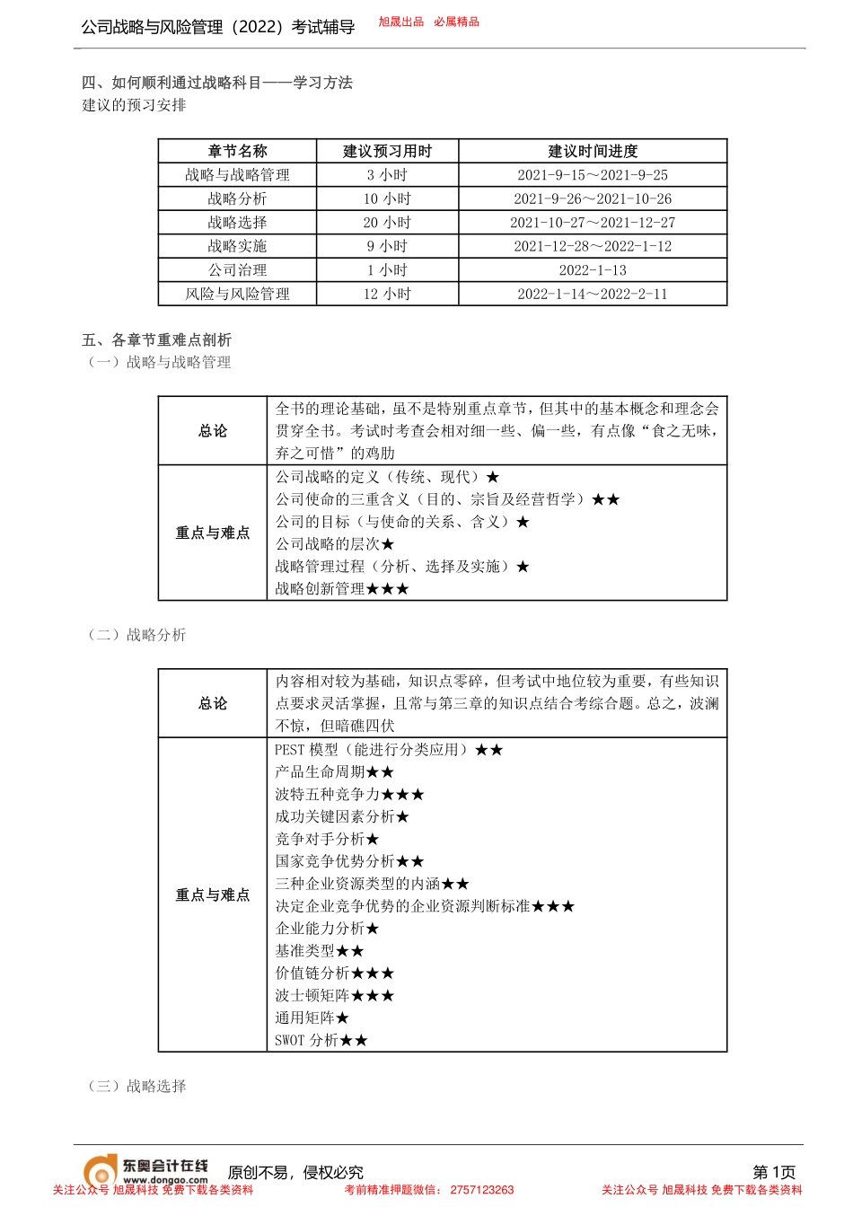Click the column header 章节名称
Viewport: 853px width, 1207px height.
pos(237,151)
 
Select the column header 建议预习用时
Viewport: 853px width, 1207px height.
pos(387,151)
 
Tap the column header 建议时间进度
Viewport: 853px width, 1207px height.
pos(593,151)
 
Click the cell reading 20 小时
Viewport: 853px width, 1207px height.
pos(387,223)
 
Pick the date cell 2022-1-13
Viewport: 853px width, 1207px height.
pos(593,270)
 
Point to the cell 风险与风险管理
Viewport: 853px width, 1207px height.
pos(237,294)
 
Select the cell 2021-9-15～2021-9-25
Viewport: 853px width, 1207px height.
pos(593,175)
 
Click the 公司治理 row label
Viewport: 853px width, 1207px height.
pos(237,270)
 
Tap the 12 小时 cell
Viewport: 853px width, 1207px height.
pos(387,294)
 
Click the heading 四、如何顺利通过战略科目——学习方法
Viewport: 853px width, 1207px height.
pos(217,83)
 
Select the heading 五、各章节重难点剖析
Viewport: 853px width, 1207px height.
pos(157,339)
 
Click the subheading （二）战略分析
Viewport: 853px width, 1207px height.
pos(137,635)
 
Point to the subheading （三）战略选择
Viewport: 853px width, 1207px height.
pos(137,1086)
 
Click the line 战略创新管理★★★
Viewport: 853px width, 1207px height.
pos(342,589)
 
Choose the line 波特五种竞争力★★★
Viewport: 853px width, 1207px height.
pos(349,794)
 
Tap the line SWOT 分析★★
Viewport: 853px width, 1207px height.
pos(321,1040)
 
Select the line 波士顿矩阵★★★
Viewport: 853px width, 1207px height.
pos(335,995)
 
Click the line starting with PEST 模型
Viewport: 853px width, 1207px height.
pos(389,749)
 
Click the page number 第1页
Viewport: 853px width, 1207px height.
pos(774,1172)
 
